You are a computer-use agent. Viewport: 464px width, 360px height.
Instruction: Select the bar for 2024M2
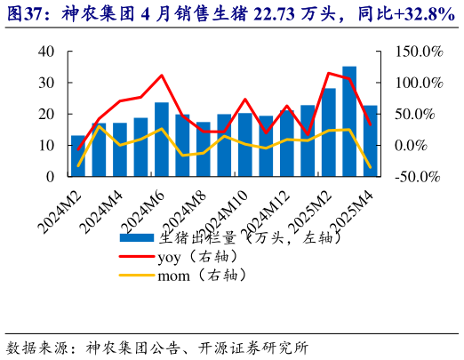click(78, 156)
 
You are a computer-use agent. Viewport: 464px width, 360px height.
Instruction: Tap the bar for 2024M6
click(162, 140)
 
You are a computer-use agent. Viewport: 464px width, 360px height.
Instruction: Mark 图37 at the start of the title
click(22, 13)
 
